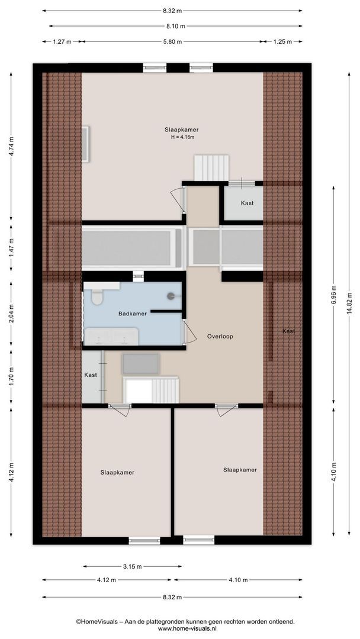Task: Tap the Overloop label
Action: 220,336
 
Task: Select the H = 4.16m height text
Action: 182,137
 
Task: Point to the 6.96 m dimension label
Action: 333,299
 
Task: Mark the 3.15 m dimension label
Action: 132,566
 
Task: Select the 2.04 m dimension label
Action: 11,311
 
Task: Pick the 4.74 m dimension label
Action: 11,146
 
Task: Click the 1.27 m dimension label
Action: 62,41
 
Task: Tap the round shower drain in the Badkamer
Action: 171,295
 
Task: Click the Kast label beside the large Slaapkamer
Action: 247,203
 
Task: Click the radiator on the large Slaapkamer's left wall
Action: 86,144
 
